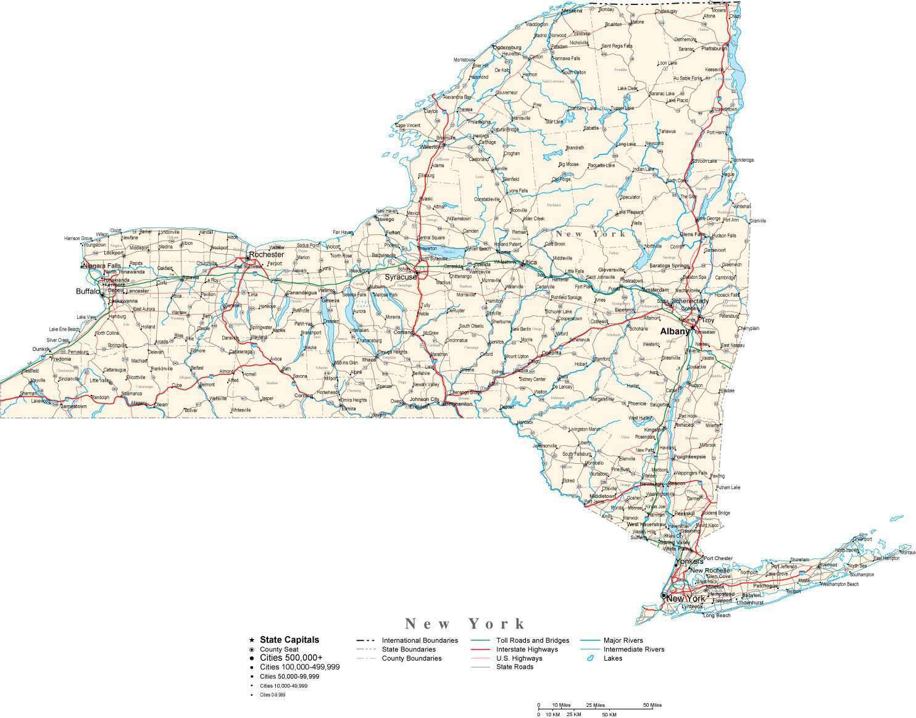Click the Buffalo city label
88,291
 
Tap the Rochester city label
266,254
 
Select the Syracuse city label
401,277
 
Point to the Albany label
674,331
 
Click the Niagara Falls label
102,266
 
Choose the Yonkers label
689,562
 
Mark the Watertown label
432,147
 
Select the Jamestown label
73,406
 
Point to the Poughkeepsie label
689,457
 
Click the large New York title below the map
465,624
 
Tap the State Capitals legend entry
289,640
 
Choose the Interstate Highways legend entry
527,650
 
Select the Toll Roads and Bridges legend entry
532,640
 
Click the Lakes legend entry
612,658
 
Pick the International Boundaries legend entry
419,640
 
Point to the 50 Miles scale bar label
652,705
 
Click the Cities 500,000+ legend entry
291,658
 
